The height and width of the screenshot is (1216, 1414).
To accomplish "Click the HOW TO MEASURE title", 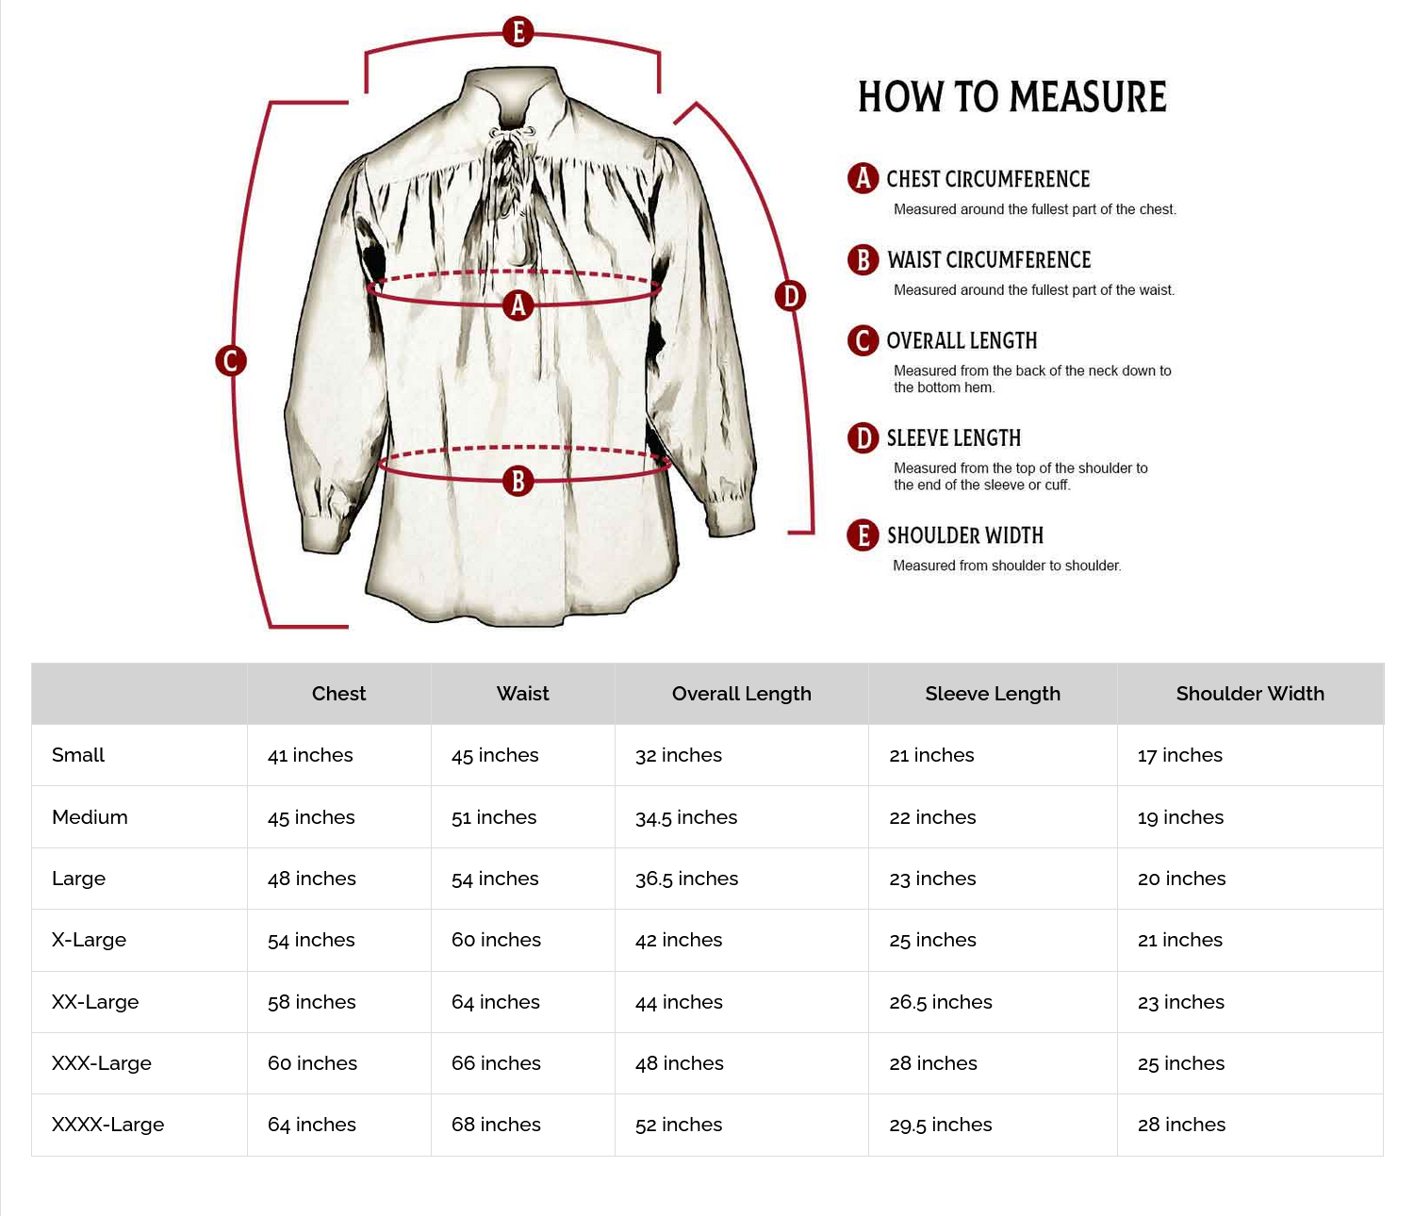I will tap(1011, 97).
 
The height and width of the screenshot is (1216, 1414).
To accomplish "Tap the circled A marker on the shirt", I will tap(518, 304).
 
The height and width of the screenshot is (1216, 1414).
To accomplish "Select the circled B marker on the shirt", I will tap(518, 481).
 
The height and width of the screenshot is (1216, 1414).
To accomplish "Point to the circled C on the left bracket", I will tap(231, 360).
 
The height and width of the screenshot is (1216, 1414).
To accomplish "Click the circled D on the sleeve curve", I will tap(790, 296).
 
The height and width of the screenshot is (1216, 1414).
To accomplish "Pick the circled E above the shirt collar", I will tap(518, 31).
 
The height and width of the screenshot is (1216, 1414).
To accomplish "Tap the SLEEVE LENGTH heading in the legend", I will tap(953, 438).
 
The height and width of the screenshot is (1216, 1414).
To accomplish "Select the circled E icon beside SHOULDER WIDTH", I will tap(863, 535).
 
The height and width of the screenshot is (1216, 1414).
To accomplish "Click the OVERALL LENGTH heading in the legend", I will tap(961, 340).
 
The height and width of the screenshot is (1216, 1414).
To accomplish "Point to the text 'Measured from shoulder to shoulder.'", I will tap(1006, 566).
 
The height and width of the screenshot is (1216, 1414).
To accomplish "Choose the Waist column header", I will tap(522, 694).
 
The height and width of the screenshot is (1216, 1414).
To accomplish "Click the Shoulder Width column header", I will tap(1249, 694).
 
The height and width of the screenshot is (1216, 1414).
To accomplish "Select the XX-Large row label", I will tap(95, 1002).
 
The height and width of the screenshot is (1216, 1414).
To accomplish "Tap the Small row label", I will tap(78, 755).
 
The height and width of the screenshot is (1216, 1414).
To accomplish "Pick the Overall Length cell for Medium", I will tap(686, 817).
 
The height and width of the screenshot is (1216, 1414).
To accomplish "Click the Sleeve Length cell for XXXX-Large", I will tap(940, 1125).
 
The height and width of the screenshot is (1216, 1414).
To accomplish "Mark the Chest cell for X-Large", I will tap(311, 940).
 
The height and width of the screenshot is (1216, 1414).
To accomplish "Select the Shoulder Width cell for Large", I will tap(1181, 879).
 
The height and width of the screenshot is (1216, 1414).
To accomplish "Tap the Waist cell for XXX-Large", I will tap(496, 1063).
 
